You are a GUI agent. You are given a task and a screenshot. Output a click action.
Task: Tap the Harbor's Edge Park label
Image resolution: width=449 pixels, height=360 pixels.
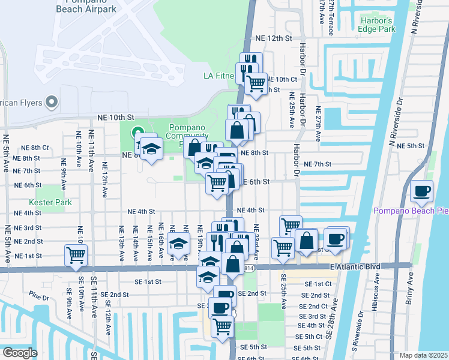pos(377,25)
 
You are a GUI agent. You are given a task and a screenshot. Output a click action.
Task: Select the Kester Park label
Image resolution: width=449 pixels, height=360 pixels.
pos(54,202)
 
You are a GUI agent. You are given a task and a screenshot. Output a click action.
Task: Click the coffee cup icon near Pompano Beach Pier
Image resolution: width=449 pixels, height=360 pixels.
pos(422,191)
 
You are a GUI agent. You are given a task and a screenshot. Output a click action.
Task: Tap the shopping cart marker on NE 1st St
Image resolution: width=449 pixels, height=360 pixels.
pos(76,254)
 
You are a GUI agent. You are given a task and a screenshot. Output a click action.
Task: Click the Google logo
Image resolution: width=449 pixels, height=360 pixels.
pos(19,353)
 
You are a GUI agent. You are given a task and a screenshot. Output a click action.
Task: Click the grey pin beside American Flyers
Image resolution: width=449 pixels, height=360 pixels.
pos(52,101)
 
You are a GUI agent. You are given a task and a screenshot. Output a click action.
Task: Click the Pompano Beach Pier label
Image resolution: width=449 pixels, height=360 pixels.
pos(411,211)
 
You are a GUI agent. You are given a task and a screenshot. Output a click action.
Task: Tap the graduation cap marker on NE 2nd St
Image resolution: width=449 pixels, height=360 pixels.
pos(178,244)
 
